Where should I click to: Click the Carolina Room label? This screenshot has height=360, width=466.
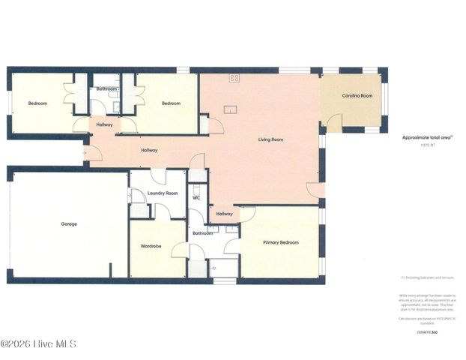coord(357,96)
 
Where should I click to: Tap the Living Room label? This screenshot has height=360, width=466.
coord(270,139)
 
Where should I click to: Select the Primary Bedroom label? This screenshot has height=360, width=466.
coord(280,242)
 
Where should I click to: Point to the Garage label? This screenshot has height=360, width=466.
coord(69,223)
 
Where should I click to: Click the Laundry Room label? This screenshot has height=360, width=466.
coord(162,193)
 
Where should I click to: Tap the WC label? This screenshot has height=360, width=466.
coord(196,198)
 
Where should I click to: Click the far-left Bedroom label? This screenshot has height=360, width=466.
coord(38,103)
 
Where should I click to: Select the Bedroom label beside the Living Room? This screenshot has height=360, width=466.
coord(169,103)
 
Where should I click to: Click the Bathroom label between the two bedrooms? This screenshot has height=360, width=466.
coord(106,88)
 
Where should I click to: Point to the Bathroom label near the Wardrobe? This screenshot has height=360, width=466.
coord(202,233)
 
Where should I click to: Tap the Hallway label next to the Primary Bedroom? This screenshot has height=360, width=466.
coord(224,214)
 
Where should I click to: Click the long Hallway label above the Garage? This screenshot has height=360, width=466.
coord(150,151)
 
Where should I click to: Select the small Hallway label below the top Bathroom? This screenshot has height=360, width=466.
coord(105,124)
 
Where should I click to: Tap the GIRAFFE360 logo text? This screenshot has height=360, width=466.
coord(427,331)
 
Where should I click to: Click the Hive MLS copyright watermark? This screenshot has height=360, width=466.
coord(38,344)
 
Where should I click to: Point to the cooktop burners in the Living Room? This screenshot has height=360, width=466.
coord(234,78)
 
